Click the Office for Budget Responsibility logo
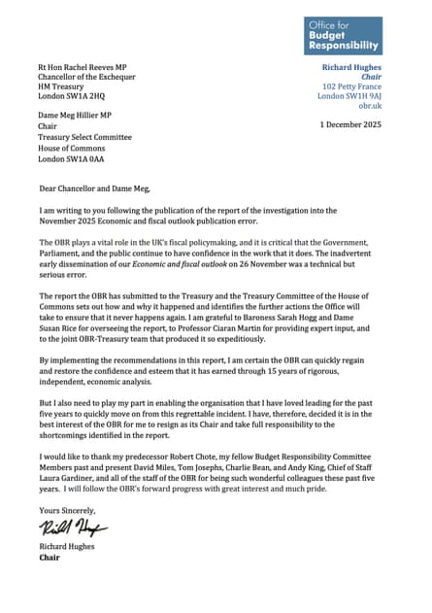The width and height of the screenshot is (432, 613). (x=343, y=35)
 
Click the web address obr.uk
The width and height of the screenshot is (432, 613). (x=370, y=105)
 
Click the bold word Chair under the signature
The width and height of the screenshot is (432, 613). (x=49, y=558)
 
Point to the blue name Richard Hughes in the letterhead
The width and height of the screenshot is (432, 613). (x=351, y=67)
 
